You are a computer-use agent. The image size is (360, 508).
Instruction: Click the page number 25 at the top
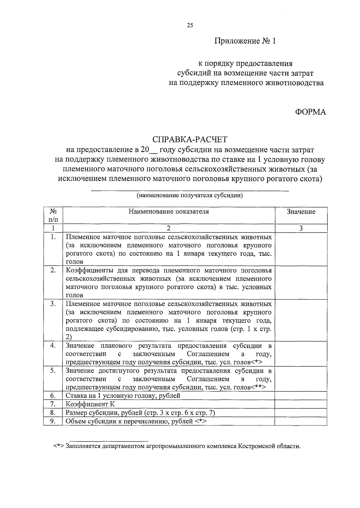(x=190, y=26)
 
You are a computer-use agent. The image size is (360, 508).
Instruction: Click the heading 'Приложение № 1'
(x=244, y=41)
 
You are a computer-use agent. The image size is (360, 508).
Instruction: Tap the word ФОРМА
(x=310, y=112)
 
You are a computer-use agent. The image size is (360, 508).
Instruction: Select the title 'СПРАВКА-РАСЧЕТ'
(x=190, y=140)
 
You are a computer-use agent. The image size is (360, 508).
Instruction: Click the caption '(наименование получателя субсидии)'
(x=190, y=196)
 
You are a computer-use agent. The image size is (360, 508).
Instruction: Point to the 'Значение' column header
(x=301, y=212)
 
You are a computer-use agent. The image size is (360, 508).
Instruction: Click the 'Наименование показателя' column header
(x=169, y=212)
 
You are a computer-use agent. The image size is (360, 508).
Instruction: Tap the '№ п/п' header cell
(x=53, y=215)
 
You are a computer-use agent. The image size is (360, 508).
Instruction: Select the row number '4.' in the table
(x=53, y=346)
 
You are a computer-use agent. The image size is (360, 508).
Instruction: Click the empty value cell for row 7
(x=301, y=404)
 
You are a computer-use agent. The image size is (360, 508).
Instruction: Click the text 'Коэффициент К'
(x=90, y=404)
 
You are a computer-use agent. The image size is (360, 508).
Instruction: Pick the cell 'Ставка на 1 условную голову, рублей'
(x=123, y=396)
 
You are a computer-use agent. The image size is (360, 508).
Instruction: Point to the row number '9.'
(x=53, y=421)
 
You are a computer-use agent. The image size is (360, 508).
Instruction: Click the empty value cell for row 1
(x=301, y=249)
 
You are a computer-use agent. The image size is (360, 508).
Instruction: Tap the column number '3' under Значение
(x=301, y=228)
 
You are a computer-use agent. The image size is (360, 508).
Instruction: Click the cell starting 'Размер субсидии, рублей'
(x=140, y=413)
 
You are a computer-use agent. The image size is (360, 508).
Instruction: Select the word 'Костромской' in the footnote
(x=256, y=446)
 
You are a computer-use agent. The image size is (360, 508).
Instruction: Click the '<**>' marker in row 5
(x=258, y=387)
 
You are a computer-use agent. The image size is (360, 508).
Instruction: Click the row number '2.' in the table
(x=53, y=270)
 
